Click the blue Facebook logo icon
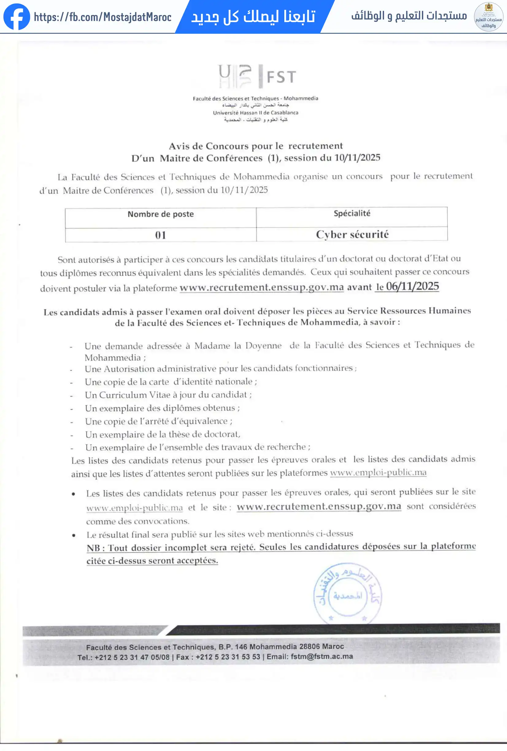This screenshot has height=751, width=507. coord(17,17)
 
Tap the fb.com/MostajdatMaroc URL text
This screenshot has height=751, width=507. coord(103,17)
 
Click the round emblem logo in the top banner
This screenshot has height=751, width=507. coord(488,17)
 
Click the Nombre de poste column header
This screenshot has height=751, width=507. coord(161,214)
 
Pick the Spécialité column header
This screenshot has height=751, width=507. coord(352,213)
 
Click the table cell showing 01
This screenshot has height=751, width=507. coord(161,235)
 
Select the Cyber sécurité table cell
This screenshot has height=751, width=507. coord(352,234)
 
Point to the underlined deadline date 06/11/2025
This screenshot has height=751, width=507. coord(412,286)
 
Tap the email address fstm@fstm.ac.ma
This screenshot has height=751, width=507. coord(321,657)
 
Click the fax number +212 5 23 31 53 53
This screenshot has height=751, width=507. coord(228,657)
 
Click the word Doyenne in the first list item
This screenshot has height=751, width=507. coord(263,345)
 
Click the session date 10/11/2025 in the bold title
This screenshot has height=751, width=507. coord(357,158)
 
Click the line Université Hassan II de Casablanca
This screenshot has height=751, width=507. coord(255,113)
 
